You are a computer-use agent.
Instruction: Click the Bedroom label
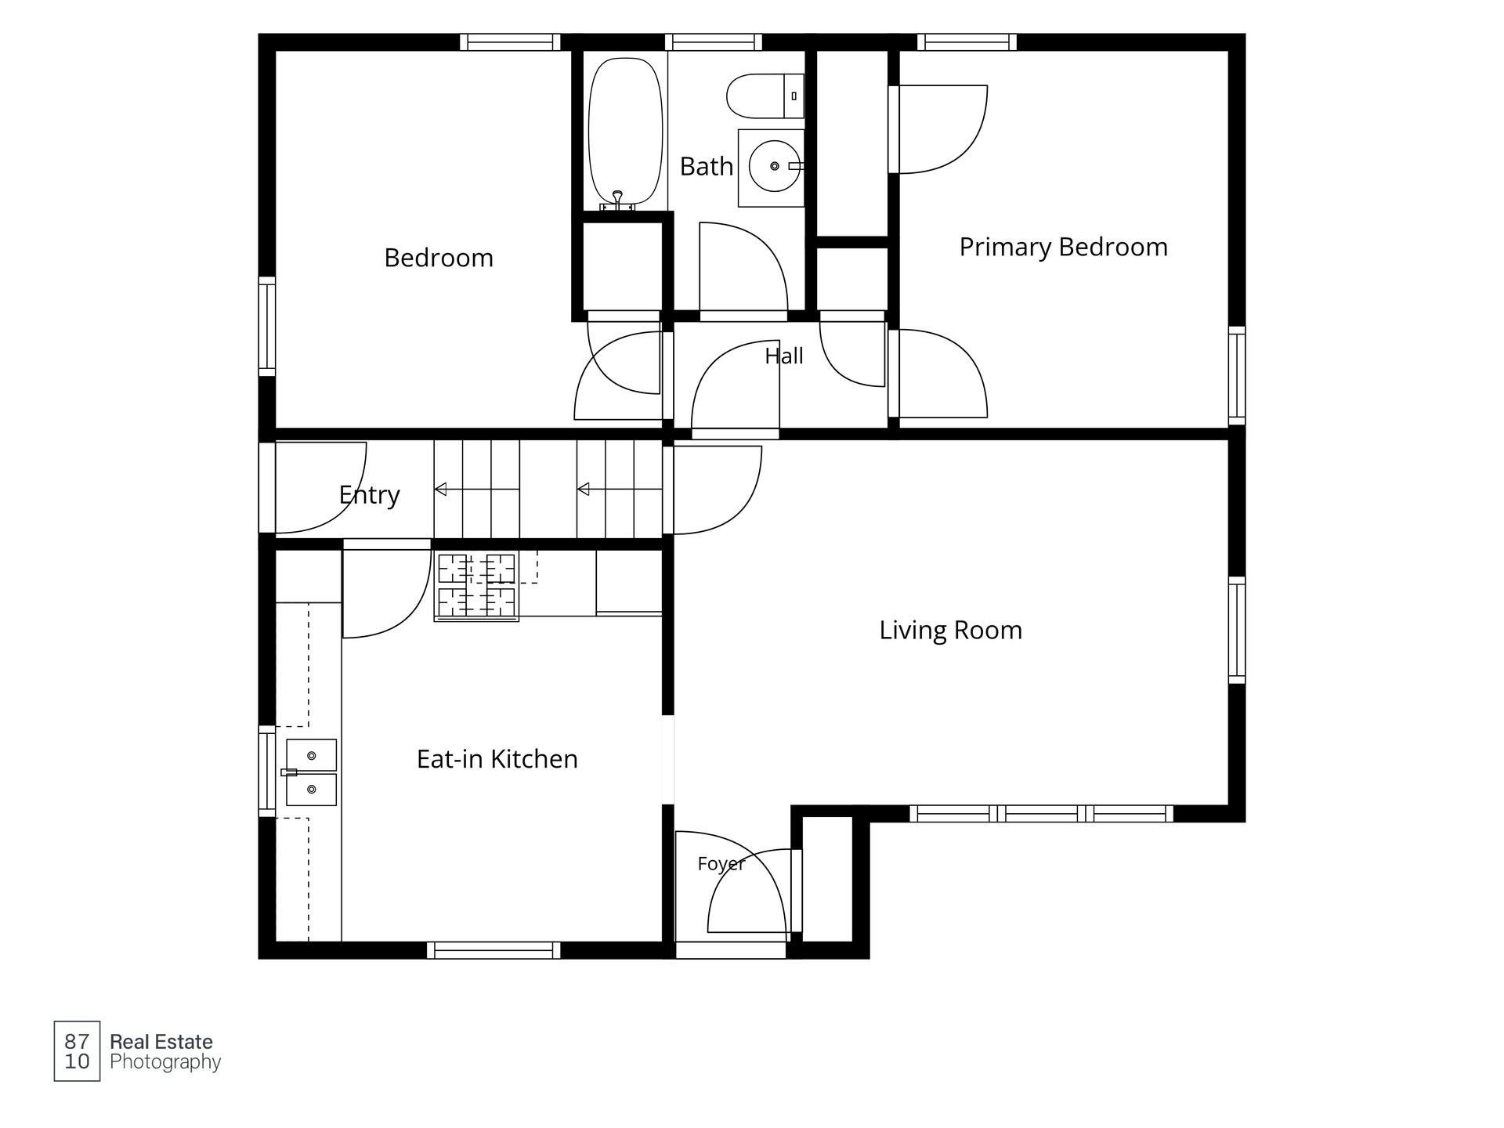[x=439, y=258]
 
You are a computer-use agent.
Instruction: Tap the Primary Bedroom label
[x=1063, y=248]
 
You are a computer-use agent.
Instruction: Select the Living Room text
[x=950, y=631]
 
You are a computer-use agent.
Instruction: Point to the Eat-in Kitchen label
[x=497, y=759]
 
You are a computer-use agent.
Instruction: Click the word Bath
[x=706, y=166]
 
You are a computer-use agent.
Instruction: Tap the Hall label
[x=783, y=356]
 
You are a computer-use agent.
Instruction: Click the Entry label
[x=369, y=495]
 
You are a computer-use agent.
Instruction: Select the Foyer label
[x=721, y=864]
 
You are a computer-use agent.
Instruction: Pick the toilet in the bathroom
[x=765, y=96]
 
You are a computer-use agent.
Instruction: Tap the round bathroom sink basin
[x=775, y=166]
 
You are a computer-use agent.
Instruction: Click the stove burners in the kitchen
[x=476, y=586]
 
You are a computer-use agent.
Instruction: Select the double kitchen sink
[x=311, y=772]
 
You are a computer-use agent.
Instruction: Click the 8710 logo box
[x=77, y=1051]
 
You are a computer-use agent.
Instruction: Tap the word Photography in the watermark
[x=165, y=1062]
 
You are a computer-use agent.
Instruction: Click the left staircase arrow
[x=476, y=490]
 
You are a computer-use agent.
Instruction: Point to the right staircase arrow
[x=620, y=490]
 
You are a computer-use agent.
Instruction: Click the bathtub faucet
[x=617, y=200]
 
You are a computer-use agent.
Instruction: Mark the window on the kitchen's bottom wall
[x=493, y=950]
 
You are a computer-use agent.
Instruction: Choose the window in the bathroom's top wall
[x=714, y=42]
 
